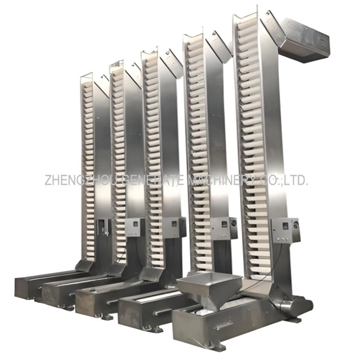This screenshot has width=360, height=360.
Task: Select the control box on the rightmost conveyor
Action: coord(286,229)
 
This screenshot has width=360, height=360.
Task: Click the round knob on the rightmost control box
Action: coord(294,224)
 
